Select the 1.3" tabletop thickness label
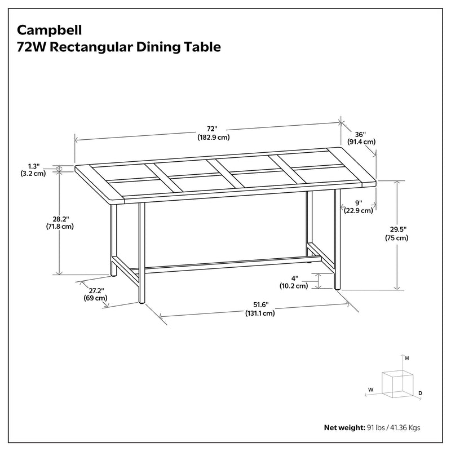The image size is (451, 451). [33, 166]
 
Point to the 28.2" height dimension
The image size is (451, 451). [59, 219]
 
